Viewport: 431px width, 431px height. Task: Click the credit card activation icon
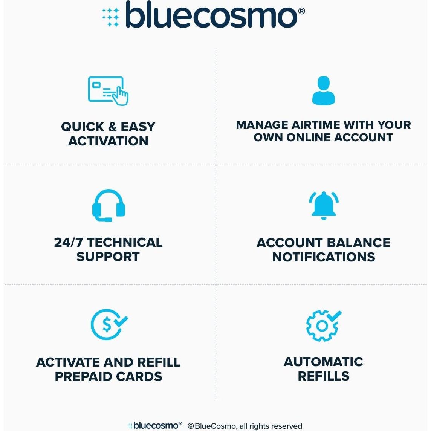pos(108,91)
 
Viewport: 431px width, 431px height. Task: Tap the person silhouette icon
pos(323,91)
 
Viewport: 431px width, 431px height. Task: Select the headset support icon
pos(109,206)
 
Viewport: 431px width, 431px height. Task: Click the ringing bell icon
pos(323,205)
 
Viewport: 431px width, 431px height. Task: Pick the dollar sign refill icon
pos(109,324)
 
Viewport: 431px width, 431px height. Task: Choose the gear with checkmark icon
pos(323,326)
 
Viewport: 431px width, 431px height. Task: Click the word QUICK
pos(83,127)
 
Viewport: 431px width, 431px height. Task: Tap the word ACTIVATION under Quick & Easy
pos(108,141)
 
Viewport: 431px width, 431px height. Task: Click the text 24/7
pos(68,242)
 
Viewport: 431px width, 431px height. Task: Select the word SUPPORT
pos(108,257)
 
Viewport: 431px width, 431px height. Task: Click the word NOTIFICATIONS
pos(324,257)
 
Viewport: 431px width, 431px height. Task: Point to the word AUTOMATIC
pos(323,362)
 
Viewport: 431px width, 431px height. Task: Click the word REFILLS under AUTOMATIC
pos(323,376)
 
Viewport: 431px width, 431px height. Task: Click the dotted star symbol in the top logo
pos(111,17)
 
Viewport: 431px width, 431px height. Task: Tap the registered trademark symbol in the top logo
pos(301,11)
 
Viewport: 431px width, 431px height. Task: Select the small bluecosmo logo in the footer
pos(154,425)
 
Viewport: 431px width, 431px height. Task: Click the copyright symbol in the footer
pos(191,426)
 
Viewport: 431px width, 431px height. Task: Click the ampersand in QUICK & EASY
pos(112,127)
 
